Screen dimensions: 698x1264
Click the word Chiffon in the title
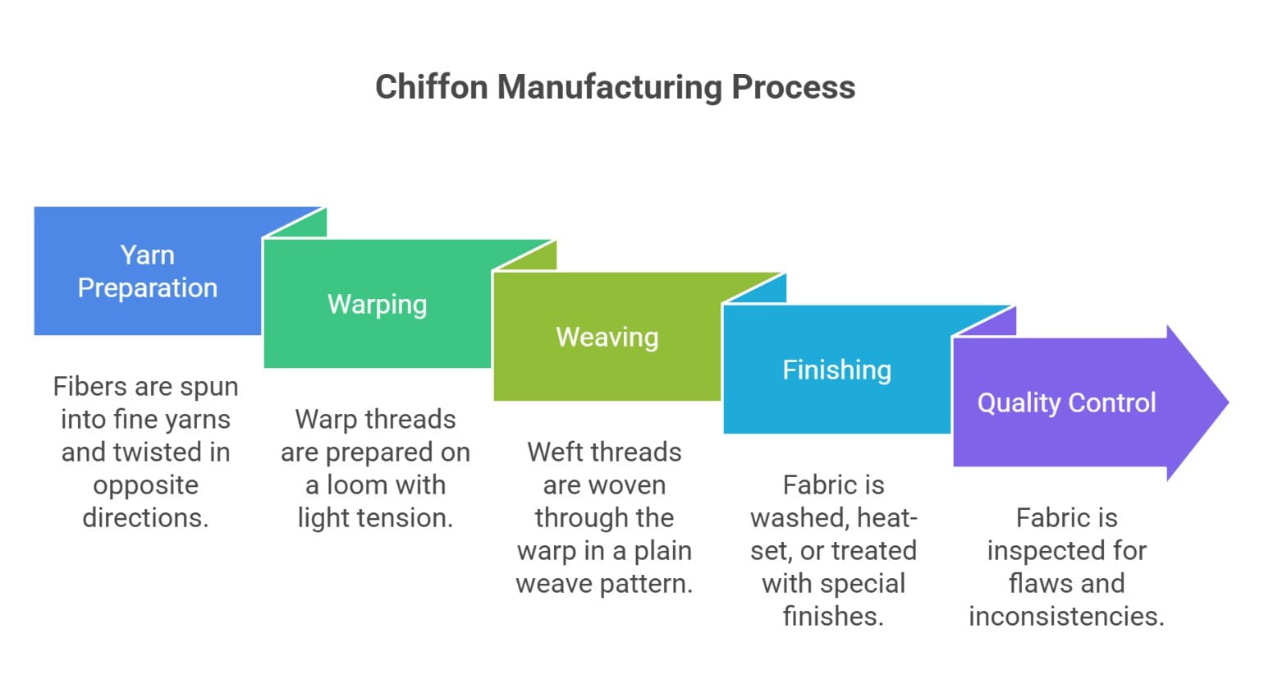(x=431, y=87)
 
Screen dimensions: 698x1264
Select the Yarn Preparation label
(x=148, y=271)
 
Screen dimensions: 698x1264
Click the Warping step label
(x=377, y=304)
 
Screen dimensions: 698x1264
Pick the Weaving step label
(x=607, y=337)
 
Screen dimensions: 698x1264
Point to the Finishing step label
(x=836, y=370)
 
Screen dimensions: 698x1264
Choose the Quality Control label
(x=1066, y=402)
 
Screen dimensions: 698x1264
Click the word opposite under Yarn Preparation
(x=145, y=485)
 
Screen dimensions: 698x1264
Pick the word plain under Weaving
(x=662, y=550)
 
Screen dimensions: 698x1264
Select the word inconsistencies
(x=1066, y=616)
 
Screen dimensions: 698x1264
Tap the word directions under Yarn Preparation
(x=145, y=517)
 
